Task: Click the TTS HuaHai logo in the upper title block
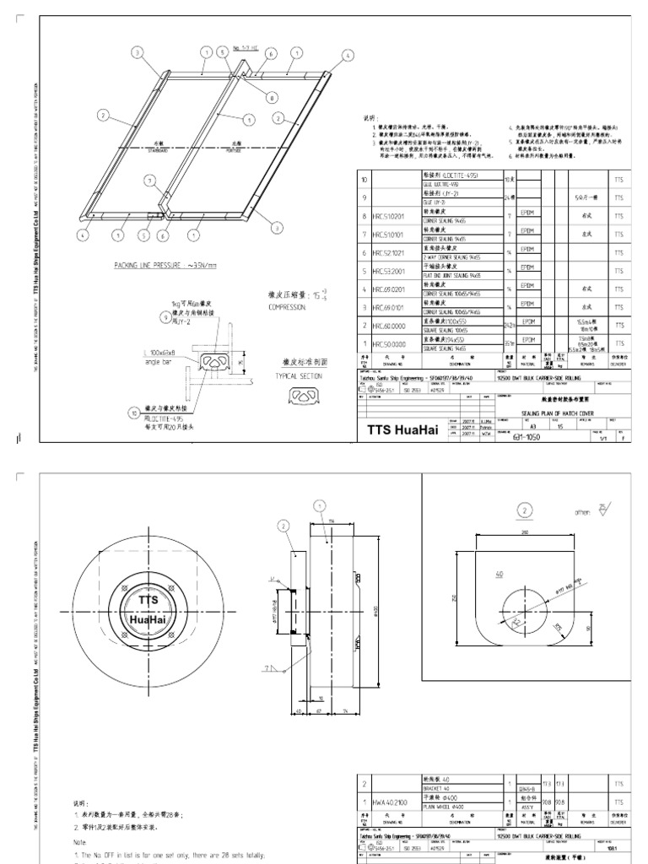[x=405, y=431]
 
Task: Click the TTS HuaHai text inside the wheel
[x=149, y=607]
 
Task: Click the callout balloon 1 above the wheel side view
[x=320, y=505]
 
